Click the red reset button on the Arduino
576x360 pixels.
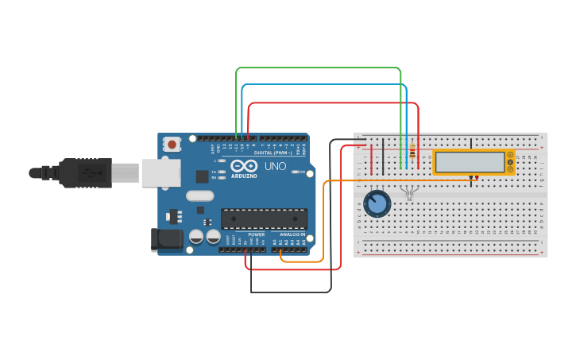[172, 144]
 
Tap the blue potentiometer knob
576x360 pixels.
[377, 203]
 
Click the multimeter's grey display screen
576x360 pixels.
[470, 162]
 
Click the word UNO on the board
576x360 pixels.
[275, 166]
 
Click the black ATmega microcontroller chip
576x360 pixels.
[264, 219]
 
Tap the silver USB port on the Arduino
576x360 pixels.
[161, 172]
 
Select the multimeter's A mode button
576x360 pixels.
[509, 156]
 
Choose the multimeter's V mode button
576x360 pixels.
[509, 162]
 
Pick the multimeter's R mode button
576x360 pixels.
[509, 169]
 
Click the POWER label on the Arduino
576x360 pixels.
[257, 234]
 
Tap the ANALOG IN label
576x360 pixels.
[292, 234]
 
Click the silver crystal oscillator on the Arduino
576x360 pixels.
[200, 195]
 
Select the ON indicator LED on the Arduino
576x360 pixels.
[296, 172]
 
